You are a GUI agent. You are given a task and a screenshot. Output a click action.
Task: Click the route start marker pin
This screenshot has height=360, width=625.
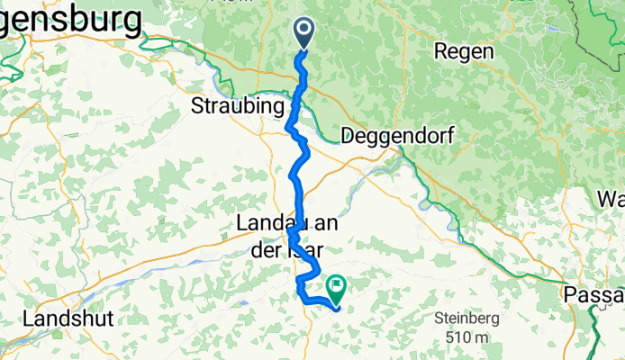click(303, 34)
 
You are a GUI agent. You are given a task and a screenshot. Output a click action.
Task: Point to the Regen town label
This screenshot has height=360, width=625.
click(463, 52)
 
